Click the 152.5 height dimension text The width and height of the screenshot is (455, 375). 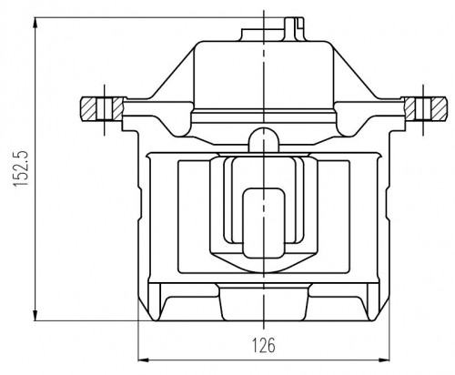point(21,167)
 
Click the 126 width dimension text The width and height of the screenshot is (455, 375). point(264,345)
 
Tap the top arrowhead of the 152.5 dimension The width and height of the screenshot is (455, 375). point(35,23)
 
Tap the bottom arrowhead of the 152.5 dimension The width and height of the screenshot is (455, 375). point(35,316)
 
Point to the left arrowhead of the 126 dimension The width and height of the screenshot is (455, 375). point(144,360)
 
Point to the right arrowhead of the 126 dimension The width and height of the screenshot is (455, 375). point(384,360)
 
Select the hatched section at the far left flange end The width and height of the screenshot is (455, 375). point(88,108)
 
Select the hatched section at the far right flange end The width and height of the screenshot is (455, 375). point(439,108)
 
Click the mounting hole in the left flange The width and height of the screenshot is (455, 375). point(105,108)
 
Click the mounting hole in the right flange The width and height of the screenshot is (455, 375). point(423,108)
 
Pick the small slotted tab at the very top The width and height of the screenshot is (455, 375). point(294,28)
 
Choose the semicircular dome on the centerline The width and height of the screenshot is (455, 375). point(264,139)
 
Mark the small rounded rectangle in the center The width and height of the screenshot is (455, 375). point(264,223)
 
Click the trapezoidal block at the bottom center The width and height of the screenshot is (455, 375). point(264,302)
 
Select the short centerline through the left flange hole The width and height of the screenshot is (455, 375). point(105,110)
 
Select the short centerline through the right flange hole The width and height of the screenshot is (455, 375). point(423,110)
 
